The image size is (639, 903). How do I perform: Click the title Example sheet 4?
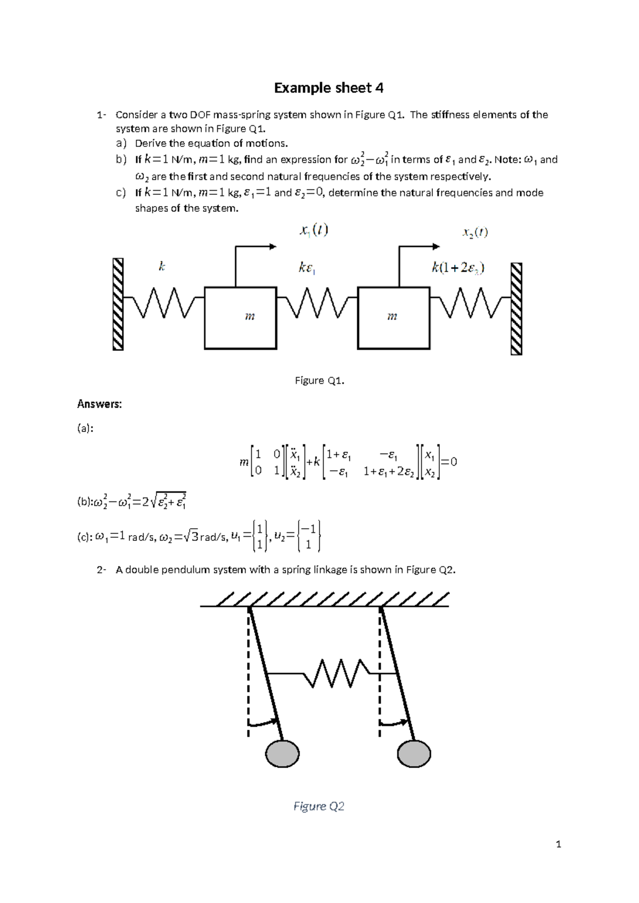[x=329, y=88]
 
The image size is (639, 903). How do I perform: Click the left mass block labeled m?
[x=240, y=318]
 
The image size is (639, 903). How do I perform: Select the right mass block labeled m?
[x=394, y=318]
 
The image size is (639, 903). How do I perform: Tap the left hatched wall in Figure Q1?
[x=118, y=304]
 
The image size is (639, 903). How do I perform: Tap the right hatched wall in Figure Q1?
[x=516, y=308]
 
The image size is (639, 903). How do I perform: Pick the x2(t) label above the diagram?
[x=474, y=232]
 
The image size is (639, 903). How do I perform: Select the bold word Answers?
[x=100, y=404]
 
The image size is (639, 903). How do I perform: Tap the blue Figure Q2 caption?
[x=319, y=806]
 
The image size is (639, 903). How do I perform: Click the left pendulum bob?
[x=282, y=753]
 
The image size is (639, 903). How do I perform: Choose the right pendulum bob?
[x=414, y=753]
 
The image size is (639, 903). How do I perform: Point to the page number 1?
[x=558, y=844]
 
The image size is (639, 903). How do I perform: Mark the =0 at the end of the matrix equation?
[x=449, y=462]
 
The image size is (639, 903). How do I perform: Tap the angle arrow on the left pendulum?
[x=265, y=723]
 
